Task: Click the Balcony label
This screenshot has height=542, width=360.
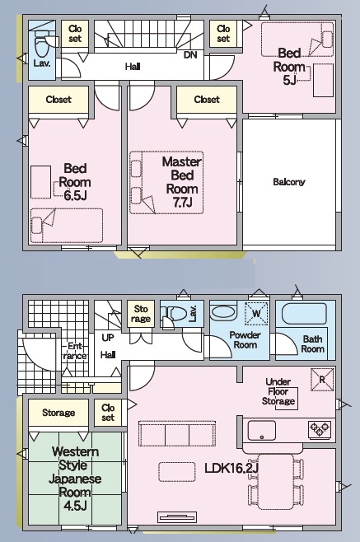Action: point(289,182)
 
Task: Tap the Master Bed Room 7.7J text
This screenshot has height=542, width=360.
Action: point(182,182)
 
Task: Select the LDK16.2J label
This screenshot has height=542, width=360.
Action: point(231,468)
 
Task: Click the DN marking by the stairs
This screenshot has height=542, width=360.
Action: point(189,54)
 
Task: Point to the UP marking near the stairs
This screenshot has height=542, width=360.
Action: point(108,338)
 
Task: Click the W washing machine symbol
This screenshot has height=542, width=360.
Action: point(256,314)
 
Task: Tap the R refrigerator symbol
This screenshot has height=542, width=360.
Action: point(322,380)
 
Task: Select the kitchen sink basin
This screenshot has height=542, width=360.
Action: point(262,431)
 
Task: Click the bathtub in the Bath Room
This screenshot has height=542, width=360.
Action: point(304,314)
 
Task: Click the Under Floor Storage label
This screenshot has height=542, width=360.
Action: point(278,391)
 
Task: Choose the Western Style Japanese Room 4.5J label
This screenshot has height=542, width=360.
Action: point(75,479)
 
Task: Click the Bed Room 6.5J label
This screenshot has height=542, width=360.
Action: point(75,182)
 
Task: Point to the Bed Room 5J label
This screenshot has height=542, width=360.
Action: point(289,67)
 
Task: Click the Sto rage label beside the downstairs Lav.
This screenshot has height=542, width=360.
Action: point(141,314)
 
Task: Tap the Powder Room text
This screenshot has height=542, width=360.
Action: point(245,340)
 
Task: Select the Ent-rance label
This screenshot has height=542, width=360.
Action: point(75,351)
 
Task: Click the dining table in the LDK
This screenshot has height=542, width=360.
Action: point(276,481)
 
